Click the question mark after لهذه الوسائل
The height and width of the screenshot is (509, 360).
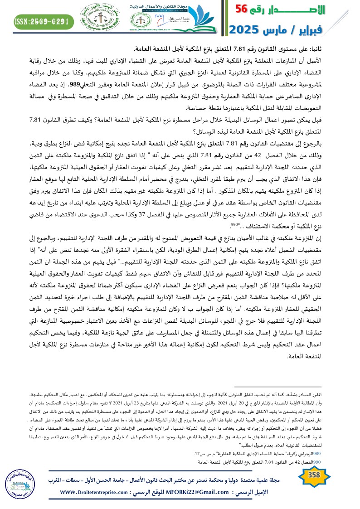[x=194, y=132]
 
